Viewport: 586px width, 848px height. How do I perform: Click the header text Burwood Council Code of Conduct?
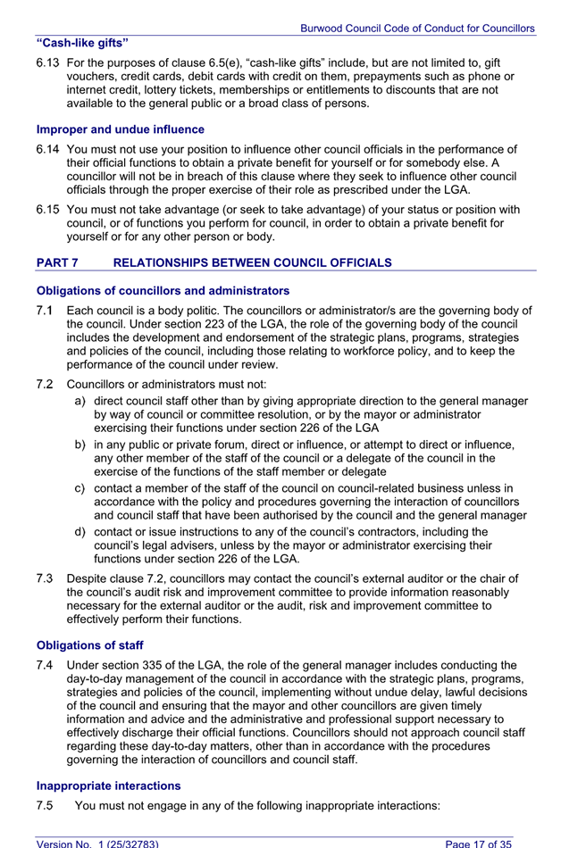(417, 29)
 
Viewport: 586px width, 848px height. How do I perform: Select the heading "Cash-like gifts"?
(82, 43)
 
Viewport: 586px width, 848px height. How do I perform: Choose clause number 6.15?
(47, 210)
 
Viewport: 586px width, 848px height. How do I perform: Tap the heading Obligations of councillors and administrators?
(163, 290)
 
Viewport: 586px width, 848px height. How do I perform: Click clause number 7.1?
(46, 311)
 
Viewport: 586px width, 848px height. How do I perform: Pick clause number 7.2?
(46, 384)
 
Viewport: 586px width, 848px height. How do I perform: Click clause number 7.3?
(46, 578)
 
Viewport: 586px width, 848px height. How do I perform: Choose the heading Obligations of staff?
(89, 644)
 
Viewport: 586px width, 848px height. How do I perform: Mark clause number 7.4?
(46, 665)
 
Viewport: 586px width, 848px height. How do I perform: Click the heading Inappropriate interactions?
(108, 786)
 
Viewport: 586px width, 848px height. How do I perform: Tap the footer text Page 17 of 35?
(479, 843)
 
